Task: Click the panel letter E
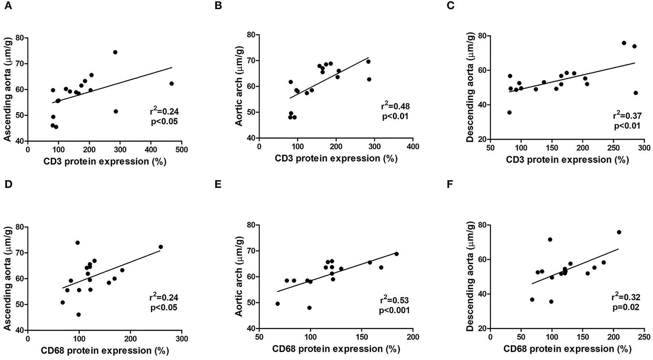click(x=218, y=185)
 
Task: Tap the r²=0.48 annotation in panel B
click(x=395, y=106)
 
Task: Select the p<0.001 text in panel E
click(x=394, y=310)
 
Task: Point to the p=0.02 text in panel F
click(x=626, y=307)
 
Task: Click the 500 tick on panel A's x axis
click(x=181, y=150)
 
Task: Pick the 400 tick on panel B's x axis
click(x=413, y=146)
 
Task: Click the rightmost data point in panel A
click(x=171, y=84)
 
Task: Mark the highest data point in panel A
click(x=115, y=52)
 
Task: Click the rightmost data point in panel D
click(x=161, y=247)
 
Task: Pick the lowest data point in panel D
click(x=78, y=315)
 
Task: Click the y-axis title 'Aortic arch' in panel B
click(x=239, y=86)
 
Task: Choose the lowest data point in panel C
click(x=509, y=112)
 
